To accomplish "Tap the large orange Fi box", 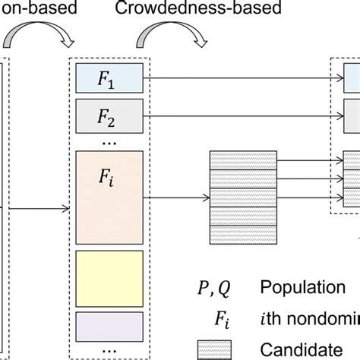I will pos(109,196).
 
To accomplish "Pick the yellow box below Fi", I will pos(109,275).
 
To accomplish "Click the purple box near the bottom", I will pos(109,327).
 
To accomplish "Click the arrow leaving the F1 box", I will pos(235,77).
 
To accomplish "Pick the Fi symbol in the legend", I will pos(232,318).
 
